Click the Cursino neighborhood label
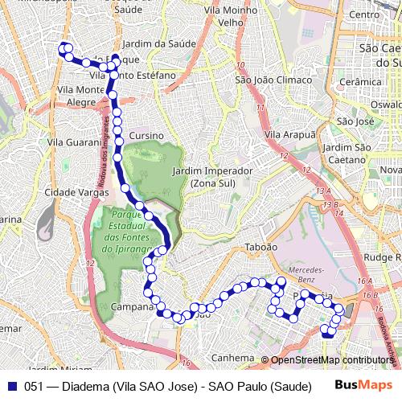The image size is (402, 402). pos(146,136)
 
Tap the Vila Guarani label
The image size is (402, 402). pos(74,142)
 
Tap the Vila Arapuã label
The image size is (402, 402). pos(290,134)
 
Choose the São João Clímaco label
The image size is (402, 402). pos(273,80)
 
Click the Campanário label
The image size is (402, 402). pos(133,306)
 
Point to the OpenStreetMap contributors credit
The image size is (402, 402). pos(332,360)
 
